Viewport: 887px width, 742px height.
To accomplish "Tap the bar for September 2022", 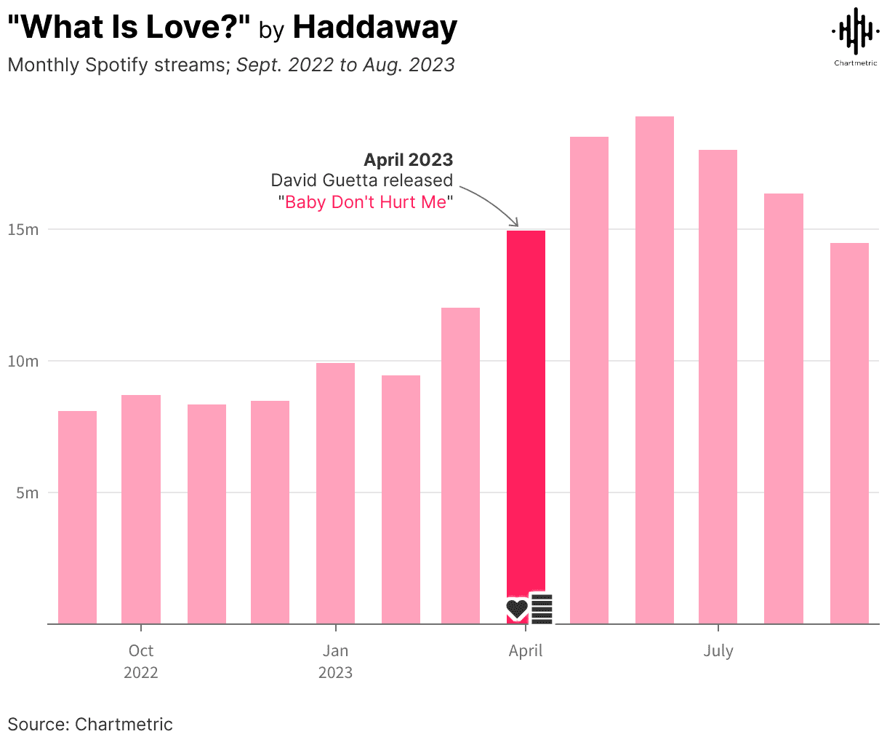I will pos(77,516).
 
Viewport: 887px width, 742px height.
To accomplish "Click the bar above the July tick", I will pos(718,386).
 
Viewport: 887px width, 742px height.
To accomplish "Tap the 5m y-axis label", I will pos(28,493).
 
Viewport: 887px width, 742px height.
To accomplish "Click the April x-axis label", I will pos(525,650).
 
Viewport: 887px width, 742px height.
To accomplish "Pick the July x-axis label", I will pos(718,650).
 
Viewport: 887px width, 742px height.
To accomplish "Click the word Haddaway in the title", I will pos(374,28).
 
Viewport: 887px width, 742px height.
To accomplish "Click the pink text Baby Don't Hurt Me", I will pos(366,202).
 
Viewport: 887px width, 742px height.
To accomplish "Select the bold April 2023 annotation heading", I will pos(408,159).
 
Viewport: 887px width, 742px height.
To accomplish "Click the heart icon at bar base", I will pos(517,609).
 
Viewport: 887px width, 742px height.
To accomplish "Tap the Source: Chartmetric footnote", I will pos(90,725).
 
